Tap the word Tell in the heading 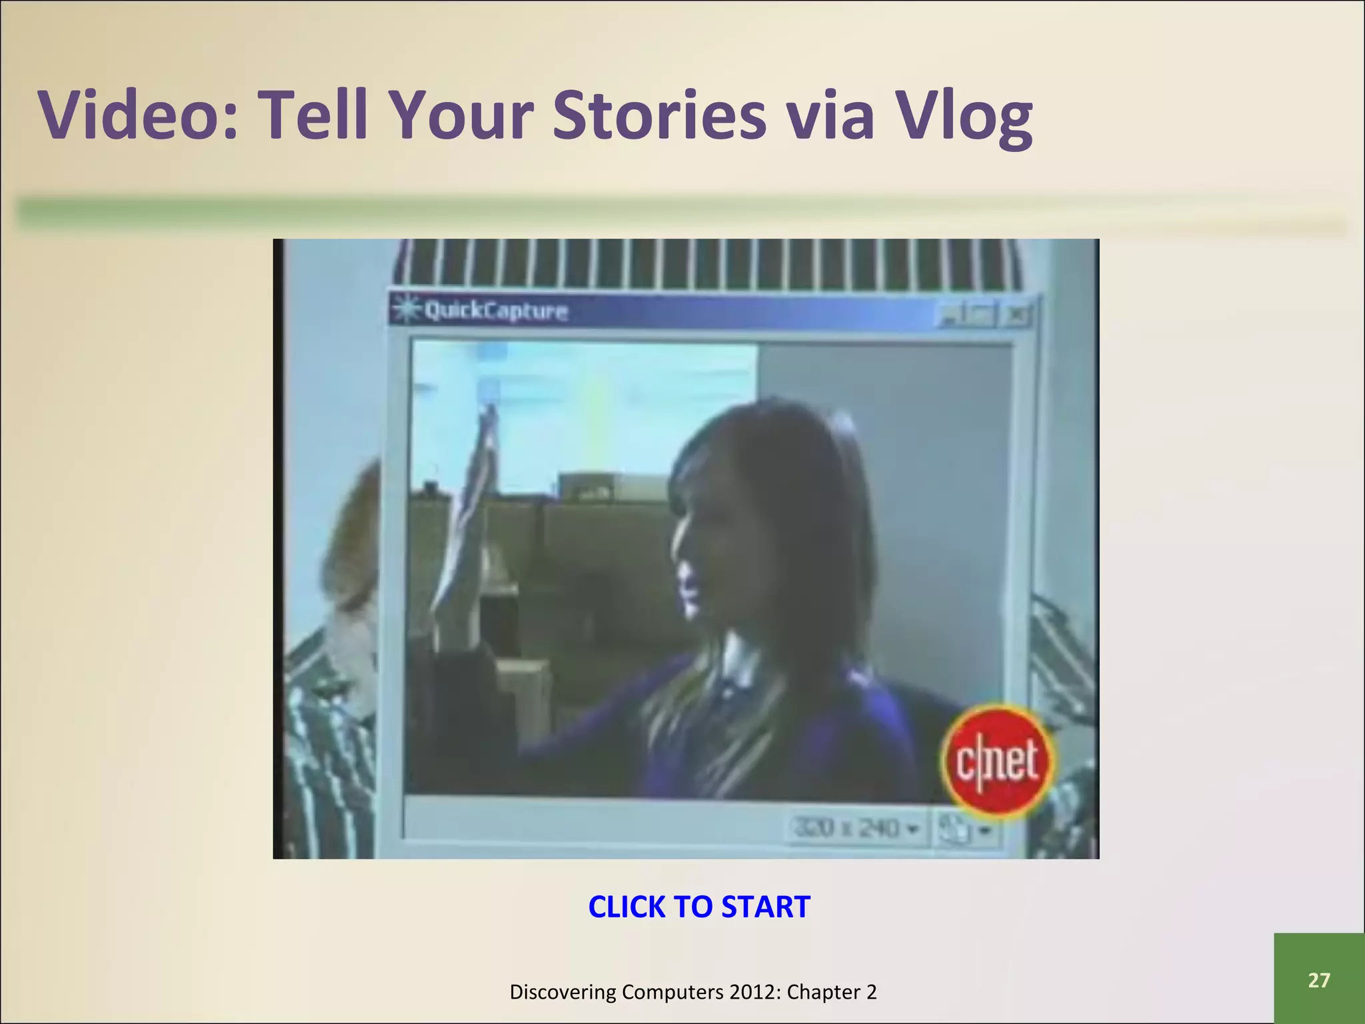pyautogui.click(x=313, y=115)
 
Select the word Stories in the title pyautogui.click(x=659, y=115)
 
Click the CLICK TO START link pyautogui.click(x=698, y=907)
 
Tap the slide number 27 pyautogui.click(x=1318, y=980)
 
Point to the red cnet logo pyautogui.click(x=998, y=760)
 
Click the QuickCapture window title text pyautogui.click(x=496, y=311)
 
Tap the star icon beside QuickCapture pyautogui.click(x=403, y=310)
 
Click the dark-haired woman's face pyautogui.click(x=693, y=567)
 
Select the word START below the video pyautogui.click(x=766, y=907)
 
